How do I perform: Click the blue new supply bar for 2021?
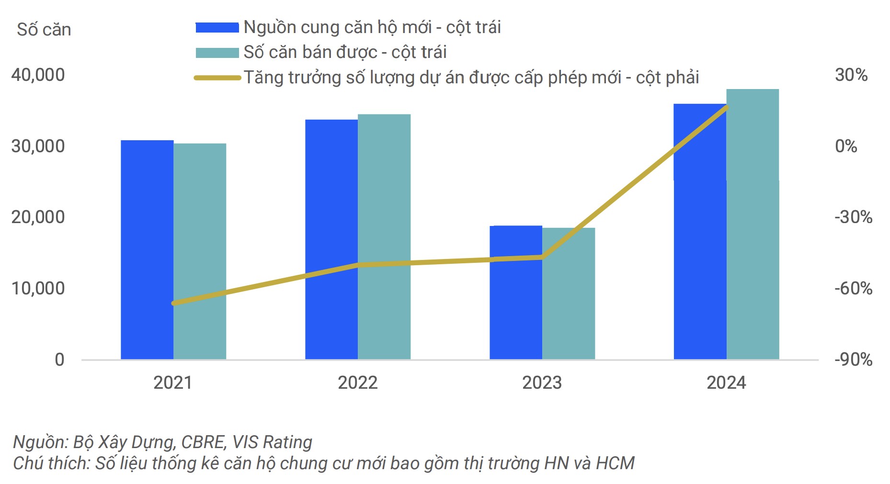[147, 249]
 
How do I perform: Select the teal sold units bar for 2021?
[200, 251]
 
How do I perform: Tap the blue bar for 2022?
[331, 239]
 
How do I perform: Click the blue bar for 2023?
[516, 292]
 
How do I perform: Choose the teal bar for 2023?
[569, 293]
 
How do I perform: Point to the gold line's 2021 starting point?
[174, 303]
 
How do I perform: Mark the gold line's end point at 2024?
[726, 107]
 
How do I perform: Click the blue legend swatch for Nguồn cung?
[217, 27]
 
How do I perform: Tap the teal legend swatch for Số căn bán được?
[217, 52]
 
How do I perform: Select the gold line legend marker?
[217, 78]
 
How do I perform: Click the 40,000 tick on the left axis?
[38, 75]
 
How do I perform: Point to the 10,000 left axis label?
[38, 288]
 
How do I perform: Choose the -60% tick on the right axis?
[853, 288]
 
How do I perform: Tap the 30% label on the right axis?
[851, 75]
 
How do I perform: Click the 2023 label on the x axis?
[542, 383]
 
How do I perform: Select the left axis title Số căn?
[44, 30]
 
